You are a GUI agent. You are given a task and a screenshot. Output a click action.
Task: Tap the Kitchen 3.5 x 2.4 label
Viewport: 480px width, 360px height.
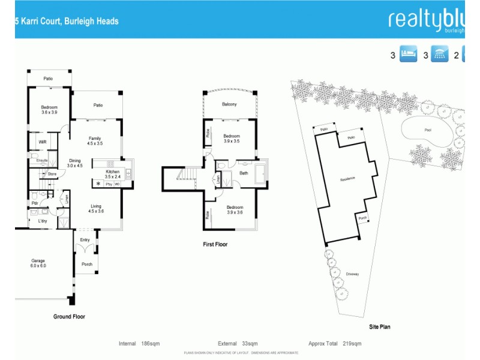(113, 175)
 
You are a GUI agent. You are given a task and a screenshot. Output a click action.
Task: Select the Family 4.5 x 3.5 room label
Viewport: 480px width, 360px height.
(95, 141)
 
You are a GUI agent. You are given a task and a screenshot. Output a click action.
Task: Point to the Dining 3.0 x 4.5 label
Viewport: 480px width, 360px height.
(74, 163)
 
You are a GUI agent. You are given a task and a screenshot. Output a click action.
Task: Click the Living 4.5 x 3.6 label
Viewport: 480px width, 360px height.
(96, 209)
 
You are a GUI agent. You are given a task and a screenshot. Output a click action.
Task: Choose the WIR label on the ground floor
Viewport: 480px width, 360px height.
(43, 142)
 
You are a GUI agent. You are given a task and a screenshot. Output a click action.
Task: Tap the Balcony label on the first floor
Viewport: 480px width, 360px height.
(229, 104)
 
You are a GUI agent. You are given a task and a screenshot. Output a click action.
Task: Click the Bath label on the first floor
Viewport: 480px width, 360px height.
(244, 173)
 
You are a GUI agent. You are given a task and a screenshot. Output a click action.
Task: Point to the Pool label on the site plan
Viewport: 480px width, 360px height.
(427, 129)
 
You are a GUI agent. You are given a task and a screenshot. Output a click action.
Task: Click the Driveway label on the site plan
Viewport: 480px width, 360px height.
(352, 274)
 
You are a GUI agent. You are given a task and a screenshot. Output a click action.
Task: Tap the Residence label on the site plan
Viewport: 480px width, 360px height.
(348, 179)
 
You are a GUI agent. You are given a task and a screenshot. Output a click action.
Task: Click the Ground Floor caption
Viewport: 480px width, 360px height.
(70, 317)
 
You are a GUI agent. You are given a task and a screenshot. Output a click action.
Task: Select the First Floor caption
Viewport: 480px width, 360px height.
(214, 244)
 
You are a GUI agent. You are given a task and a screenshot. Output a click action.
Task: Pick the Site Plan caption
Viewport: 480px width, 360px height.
(379, 327)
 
